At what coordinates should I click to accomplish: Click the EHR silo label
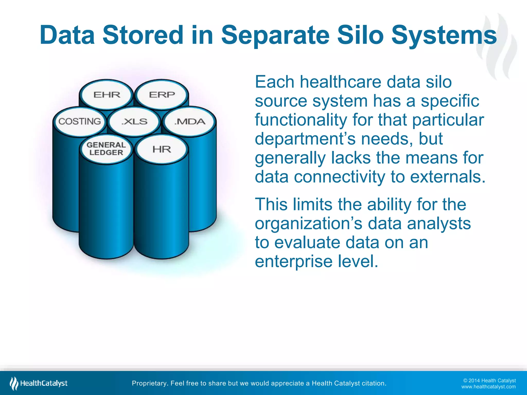click(107, 95)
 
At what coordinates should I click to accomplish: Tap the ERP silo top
click(162, 95)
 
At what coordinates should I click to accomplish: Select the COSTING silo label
click(80, 121)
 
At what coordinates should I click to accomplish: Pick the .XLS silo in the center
click(134, 121)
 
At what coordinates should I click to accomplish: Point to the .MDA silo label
click(190, 121)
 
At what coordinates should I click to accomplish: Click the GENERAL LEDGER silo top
click(106, 149)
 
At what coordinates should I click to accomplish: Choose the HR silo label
click(162, 149)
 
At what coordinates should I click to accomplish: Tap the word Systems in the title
click(444, 35)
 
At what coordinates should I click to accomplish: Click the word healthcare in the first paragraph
click(340, 82)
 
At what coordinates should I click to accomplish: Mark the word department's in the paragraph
click(306, 139)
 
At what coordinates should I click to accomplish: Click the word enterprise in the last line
click(294, 262)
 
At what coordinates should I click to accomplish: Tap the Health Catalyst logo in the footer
click(39, 383)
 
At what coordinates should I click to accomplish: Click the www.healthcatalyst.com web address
click(488, 387)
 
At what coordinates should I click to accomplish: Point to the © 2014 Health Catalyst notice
click(489, 381)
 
